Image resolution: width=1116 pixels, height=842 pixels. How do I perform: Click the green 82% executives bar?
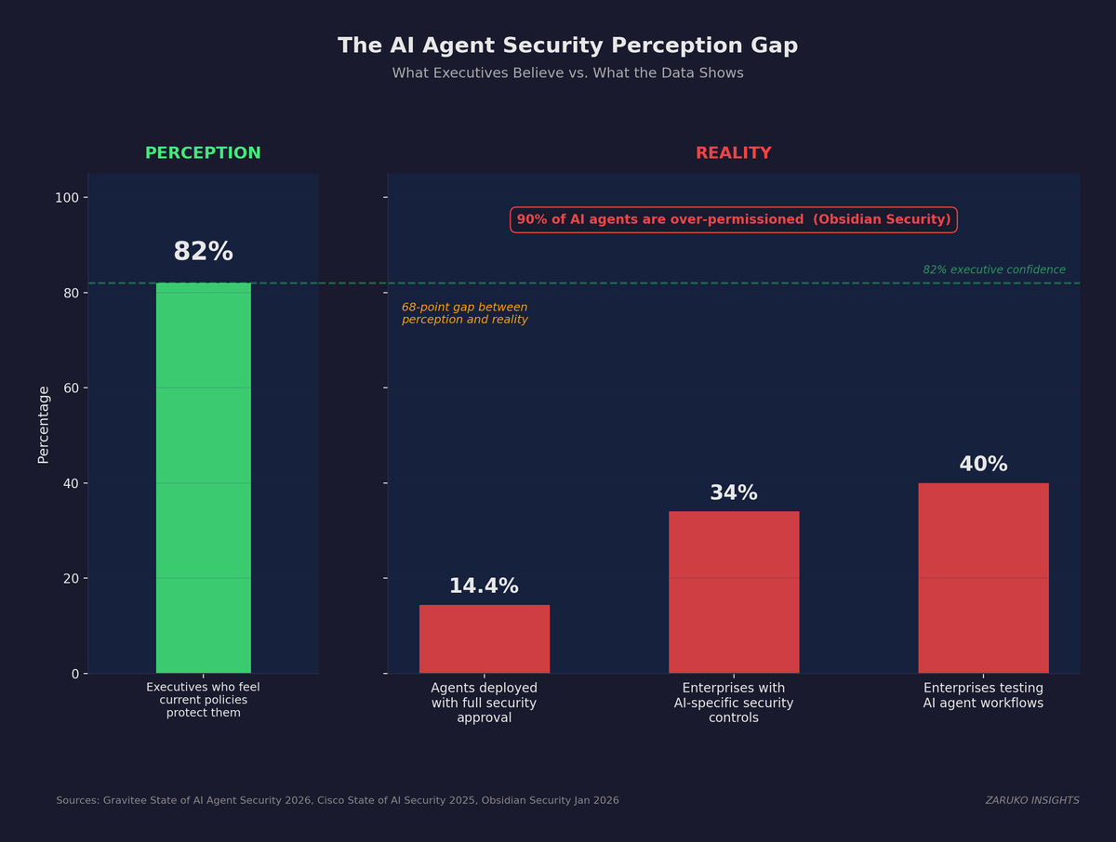pos(203,478)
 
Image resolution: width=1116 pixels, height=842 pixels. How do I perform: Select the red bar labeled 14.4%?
pos(484,639)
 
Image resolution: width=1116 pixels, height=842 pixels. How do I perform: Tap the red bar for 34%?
pos(733,592)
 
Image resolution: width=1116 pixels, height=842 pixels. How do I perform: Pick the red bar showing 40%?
pos(983,578)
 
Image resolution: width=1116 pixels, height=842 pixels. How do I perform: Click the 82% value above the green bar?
pos(203,252)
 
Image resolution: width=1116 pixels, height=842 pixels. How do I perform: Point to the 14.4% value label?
pos(484,586)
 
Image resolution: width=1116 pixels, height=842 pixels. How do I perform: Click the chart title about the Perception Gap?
pos(567,46)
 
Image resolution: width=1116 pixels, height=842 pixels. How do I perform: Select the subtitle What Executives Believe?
pos(567,73)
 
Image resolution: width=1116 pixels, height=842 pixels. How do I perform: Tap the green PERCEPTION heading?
pos(203,153)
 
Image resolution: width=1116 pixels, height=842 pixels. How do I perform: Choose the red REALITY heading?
pos(733,153)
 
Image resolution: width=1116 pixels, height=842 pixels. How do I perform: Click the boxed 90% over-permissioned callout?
pos(733,220)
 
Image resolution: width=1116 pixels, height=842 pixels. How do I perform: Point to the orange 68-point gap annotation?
pos(464,313)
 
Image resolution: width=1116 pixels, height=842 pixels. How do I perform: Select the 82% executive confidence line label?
pos(993,270)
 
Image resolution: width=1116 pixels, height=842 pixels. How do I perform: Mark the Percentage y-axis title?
pos(44,424)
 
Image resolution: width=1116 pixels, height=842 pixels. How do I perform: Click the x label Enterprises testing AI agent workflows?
pos(983,696)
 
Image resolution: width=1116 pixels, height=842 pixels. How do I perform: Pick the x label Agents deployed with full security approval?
pos(484,703)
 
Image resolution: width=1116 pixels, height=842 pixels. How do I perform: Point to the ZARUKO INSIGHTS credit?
pos(1031,800)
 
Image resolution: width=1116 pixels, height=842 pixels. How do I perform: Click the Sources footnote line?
pos(337,800)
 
